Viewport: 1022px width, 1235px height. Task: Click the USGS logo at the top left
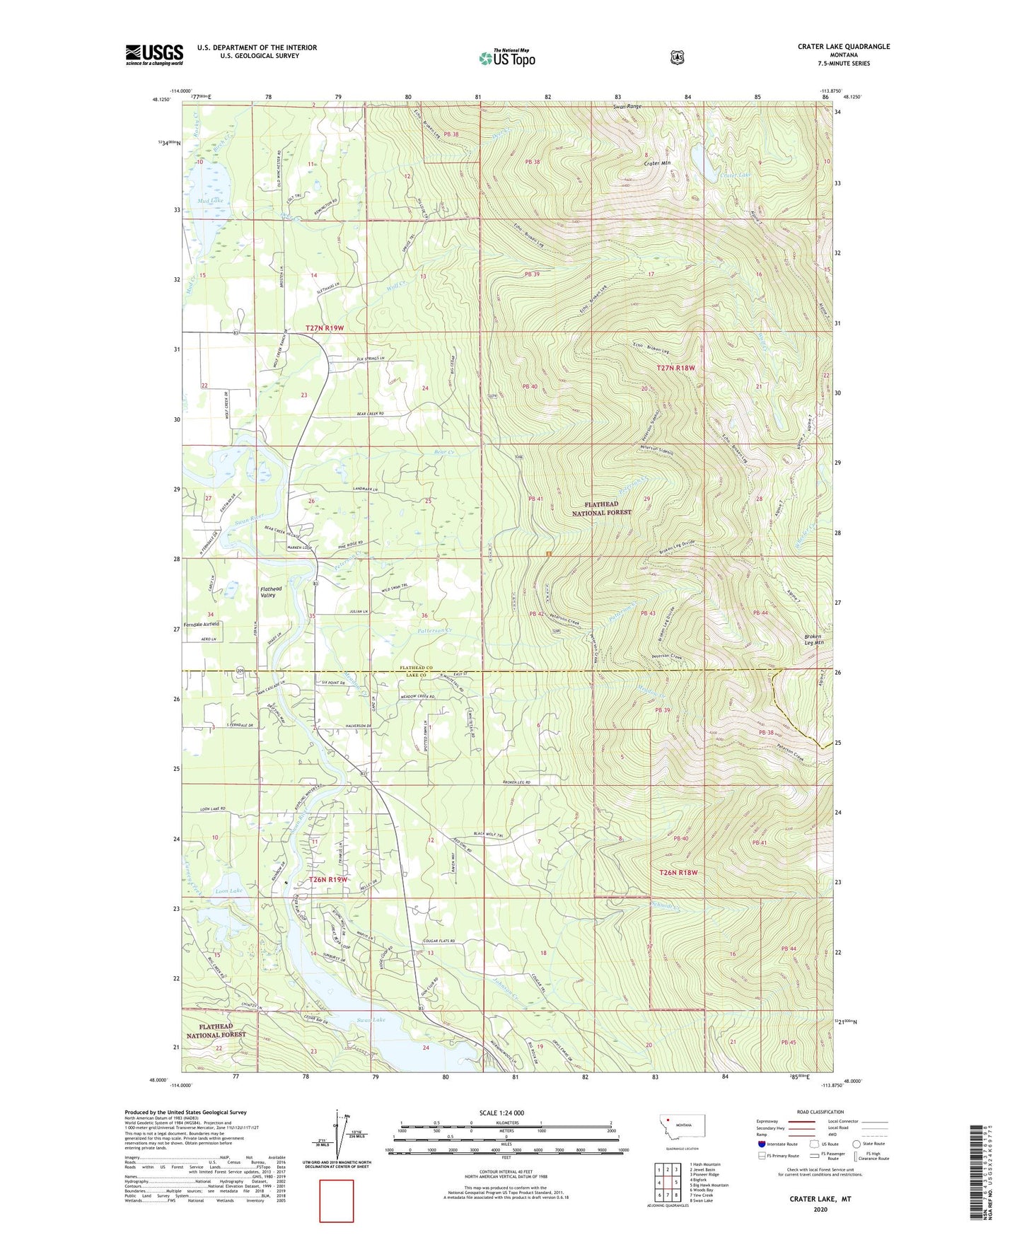point(154,54)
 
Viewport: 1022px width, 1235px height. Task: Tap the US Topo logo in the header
point(506,58)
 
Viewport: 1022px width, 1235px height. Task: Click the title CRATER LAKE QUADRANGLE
point(843,47)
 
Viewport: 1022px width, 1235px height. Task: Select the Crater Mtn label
point(656,163)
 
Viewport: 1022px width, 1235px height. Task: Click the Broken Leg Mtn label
point(814,639)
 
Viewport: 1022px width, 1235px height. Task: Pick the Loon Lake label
point(228,891)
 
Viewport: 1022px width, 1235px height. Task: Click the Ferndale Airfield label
point(202,624)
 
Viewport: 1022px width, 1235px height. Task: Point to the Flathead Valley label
point(270,592)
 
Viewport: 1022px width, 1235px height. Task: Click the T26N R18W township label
point(678,873)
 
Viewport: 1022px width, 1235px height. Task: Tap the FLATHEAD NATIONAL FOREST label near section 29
point(601,509)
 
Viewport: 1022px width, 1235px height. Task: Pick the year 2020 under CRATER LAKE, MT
point(820,1209)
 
